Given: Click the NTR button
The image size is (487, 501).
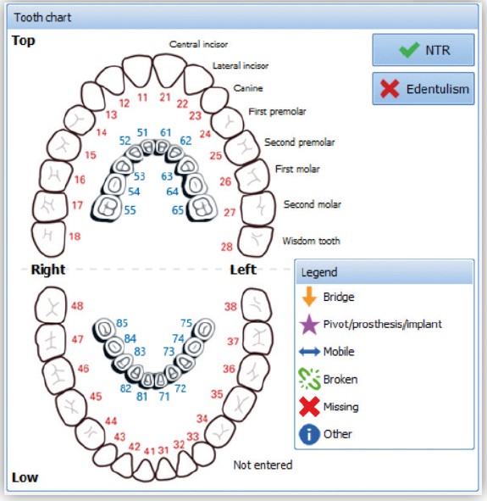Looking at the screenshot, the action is point(423,50).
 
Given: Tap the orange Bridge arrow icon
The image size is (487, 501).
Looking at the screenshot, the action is point(309,297).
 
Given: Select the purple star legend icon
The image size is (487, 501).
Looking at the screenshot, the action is point(309,325).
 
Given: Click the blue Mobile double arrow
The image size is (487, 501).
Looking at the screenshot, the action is point(309,352).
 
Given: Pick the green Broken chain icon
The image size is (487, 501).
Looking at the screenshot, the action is point(309,379).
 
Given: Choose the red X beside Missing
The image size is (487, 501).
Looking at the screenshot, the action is point(309,406).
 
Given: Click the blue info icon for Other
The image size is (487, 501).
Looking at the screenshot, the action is point(309,434).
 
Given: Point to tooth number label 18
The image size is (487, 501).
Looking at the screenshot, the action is point(75,237).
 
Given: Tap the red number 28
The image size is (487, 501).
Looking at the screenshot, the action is point(227,247).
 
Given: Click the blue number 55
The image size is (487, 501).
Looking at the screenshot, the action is point(130,210).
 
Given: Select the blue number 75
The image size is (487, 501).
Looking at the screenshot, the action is point(186,323).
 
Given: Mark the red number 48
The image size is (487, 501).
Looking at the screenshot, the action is point(77,306).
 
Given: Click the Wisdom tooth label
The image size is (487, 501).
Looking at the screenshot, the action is point(311,241).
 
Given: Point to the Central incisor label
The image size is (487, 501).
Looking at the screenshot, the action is point(198,44).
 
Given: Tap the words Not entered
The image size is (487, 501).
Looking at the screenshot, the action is point(263,465).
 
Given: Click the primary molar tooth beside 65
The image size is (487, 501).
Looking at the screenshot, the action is point(202,208).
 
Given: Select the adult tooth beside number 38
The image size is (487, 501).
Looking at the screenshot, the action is point(257,305).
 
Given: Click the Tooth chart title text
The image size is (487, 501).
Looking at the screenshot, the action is point(42,17).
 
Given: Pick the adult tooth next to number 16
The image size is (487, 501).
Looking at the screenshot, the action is point(55,176).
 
